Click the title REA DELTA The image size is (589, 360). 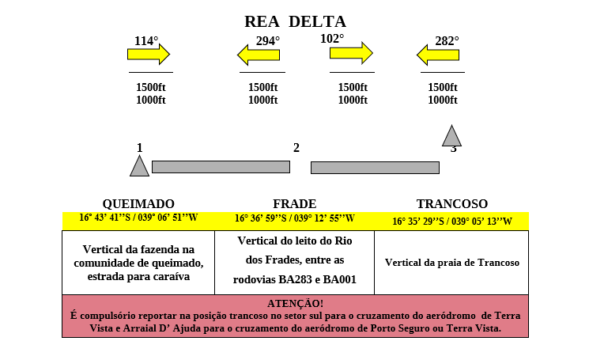(x=295, y=22)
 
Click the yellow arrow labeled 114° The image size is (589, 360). (x=149, y=55)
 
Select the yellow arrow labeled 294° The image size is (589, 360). (x=259, y=55)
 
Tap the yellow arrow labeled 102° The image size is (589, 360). (x=351, y=53)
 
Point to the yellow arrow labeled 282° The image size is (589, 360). (x=438, y=55)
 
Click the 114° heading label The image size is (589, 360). (x=146, y=40)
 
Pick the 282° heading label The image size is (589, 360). (x=447, y=40)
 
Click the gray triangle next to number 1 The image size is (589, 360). (x=139, y=166)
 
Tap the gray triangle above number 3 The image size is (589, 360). (x=451, y=135)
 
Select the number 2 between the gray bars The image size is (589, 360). (x=296, y=148)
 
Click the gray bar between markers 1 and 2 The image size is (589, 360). (x=221, y=167)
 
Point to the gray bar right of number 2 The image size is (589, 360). (x=375, y=168)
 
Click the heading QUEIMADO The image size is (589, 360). (x=138, y=203)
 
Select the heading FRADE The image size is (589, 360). (x=294, y=203)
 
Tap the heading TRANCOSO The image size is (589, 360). (x=452, y=203)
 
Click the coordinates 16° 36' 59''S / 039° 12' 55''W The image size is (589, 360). (x=295, y=218)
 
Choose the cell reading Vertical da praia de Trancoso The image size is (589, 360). (x=452, y=263)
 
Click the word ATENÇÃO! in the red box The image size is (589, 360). (x=295, y=303)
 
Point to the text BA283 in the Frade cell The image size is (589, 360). (x=295, y=279)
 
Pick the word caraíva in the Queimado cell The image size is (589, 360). (x=171, y=277)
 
